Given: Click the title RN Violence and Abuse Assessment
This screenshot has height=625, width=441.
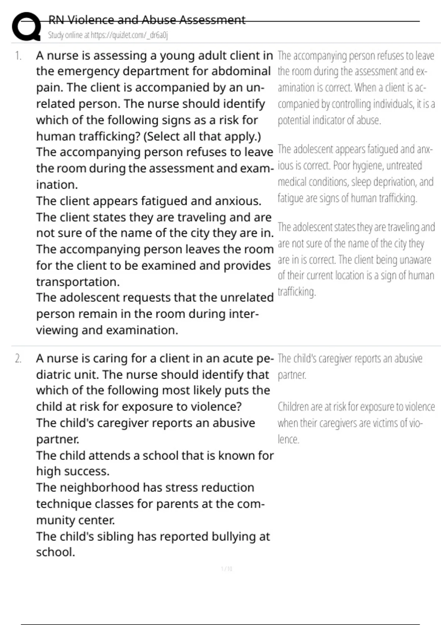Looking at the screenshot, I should (x=147, y=20).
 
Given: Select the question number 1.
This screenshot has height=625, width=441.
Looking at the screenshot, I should (x=18, y=56).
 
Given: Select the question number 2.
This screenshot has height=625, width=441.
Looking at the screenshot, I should (x=18, y=358).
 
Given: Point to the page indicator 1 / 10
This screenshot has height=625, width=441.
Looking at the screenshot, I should (x=227, y=569).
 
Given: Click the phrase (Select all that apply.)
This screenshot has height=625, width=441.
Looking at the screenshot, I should (x=202, y=136).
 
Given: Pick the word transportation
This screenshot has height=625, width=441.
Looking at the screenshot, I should (x=78, y=282).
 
